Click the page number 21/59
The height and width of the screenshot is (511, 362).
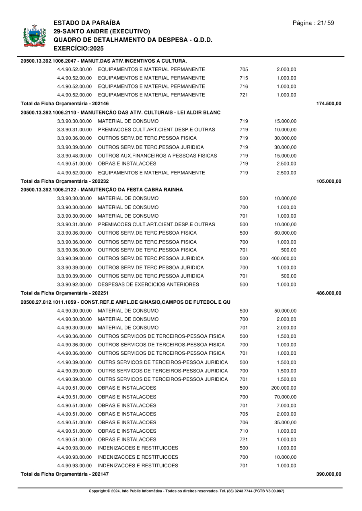pyautogui.click(x=313, y=23)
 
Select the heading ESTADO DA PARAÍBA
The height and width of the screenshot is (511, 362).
pyautogui.click(x=86, y=23)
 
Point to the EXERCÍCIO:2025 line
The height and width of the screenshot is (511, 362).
pyautogui.click(x=78, y=48)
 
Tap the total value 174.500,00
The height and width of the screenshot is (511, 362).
pyautogui.click(x=329, y=104)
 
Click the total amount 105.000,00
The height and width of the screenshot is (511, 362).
pyautogui.click(x=329, y=181)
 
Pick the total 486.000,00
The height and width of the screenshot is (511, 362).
pyautogui.click(x=329, y=293)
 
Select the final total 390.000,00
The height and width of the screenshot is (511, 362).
pyautogui.click(x=329, y=474)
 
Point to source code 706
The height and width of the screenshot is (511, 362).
pyautogui.click(x=244, y=423)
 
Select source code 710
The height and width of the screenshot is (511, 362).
pyautogui.click(x=244, y=431)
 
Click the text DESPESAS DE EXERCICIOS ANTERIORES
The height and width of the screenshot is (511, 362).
pyautogui.click(x=148, y=284)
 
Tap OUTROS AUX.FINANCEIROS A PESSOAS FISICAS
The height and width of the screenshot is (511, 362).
pyautogui.click(x=157, y=155)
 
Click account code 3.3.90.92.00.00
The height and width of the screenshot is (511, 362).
pyautogui.click(x=74, y=284)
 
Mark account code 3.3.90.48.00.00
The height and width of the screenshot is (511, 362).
pyautogui.click(x=74, y=155)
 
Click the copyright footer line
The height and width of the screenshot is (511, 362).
pyautogui.click(x=186, y=491)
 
